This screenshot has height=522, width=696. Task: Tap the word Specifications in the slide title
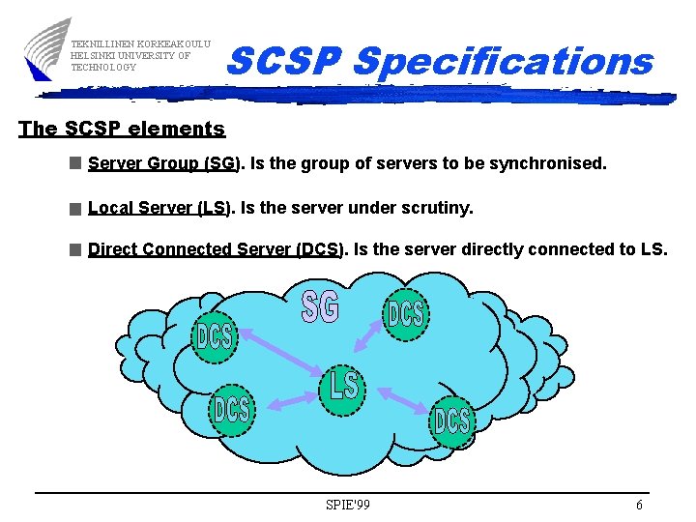click(503, 62)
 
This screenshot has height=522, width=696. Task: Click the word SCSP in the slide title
click(284, 62)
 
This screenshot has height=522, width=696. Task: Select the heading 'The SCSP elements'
click(122, 129)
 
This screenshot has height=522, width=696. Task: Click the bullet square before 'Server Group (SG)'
click(75, 164)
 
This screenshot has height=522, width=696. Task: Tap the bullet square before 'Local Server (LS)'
click(75, 208)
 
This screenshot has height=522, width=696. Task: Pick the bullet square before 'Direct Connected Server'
click(75, 249)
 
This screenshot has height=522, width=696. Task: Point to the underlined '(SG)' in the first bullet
click(222, 163)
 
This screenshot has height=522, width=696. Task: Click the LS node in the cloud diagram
click(343, 386)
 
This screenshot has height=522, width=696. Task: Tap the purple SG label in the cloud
click(321, 307)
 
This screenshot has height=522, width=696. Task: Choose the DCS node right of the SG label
click(406, 313)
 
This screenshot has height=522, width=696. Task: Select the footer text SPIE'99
click(348, 505)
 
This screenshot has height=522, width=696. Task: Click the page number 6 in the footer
click(638, 505)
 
